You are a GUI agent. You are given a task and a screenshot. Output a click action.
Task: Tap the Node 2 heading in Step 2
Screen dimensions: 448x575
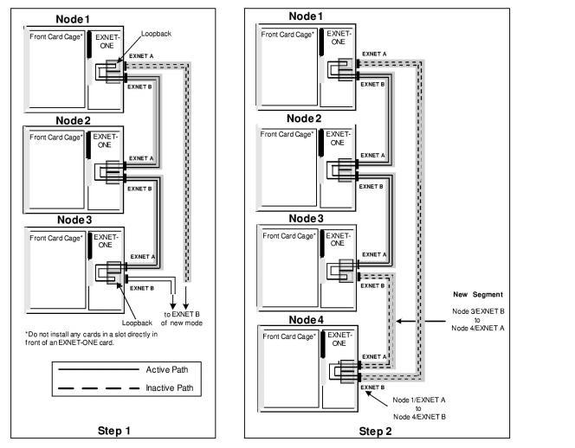(312, 118)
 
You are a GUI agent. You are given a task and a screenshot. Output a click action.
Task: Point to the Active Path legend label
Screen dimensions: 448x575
(173, 369)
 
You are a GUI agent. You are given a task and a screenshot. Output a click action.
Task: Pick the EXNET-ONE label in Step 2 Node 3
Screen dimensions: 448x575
(335, 239)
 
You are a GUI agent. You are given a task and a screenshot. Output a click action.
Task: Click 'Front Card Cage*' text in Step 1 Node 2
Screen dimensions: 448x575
(55, 137)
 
